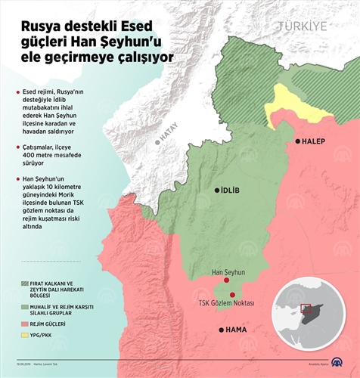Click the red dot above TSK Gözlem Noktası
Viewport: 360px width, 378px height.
coord(233,294)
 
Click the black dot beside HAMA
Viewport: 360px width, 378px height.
coord(221,330)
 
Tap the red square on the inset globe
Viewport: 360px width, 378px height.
coord(306,308)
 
